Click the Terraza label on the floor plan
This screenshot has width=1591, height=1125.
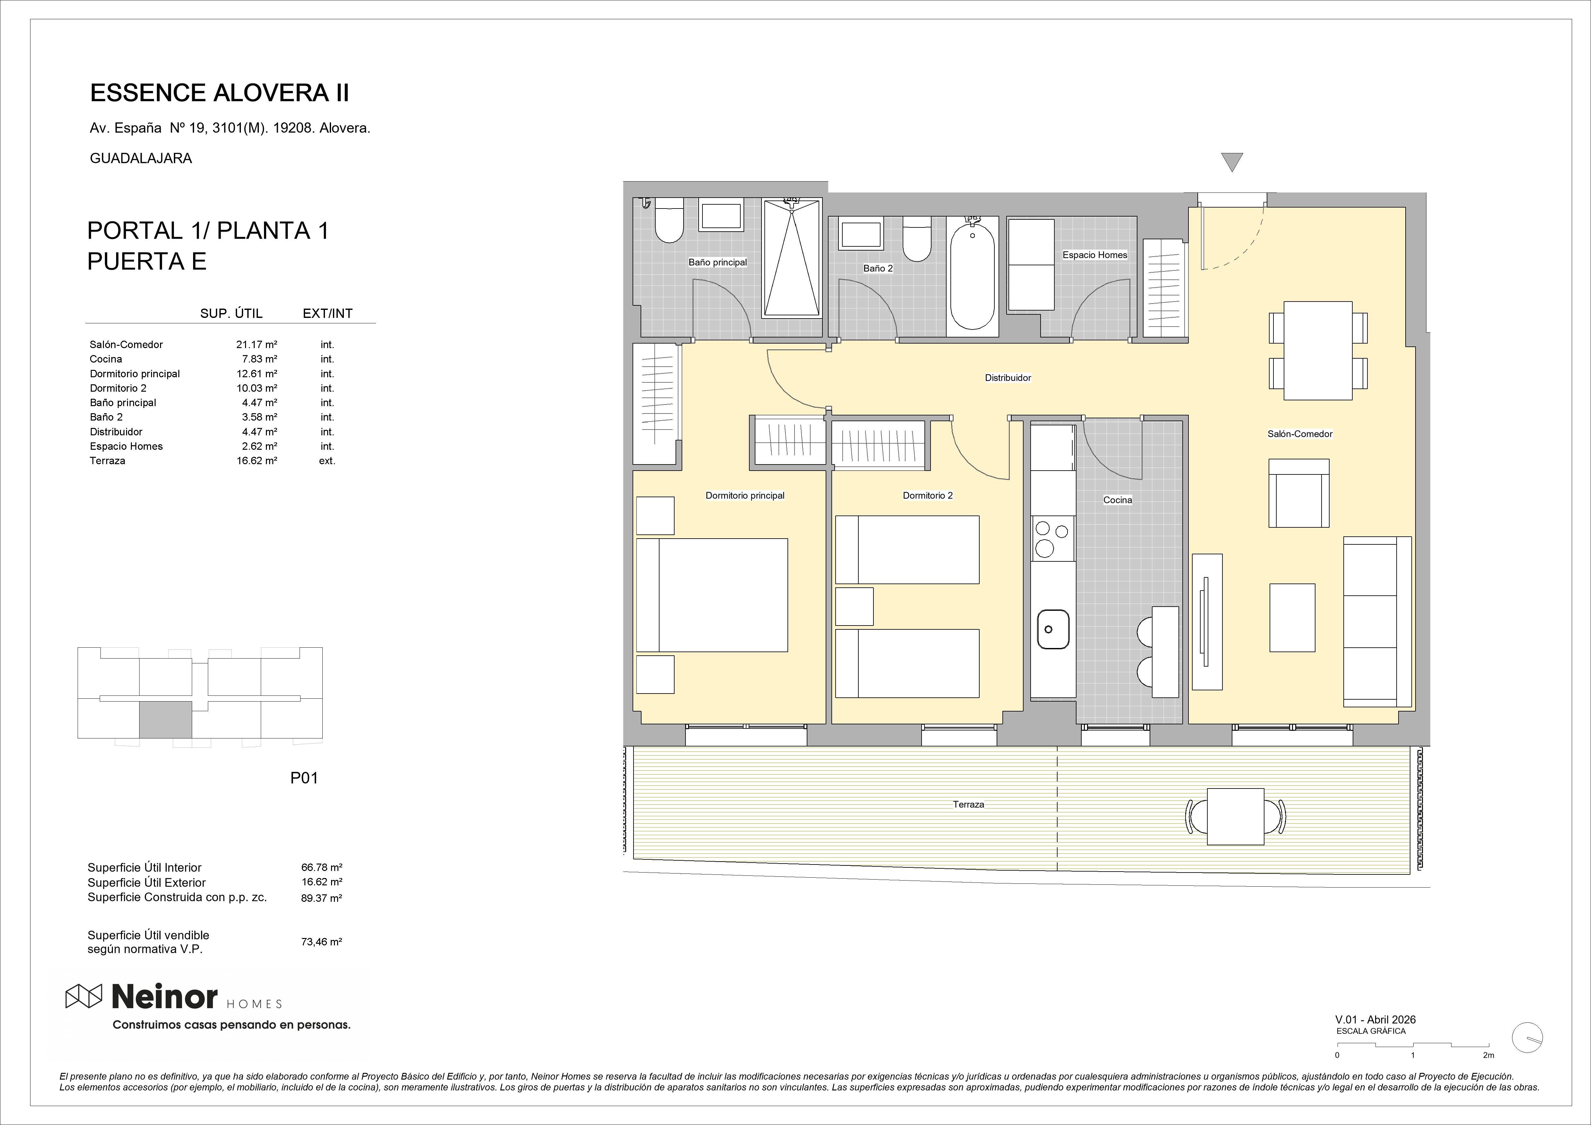(x=968, y=804)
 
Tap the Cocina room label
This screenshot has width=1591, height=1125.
(x=1117, y=500)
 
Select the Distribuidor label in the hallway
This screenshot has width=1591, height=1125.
(x=1008, y=378)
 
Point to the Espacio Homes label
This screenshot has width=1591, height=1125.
(x=1095, y=255)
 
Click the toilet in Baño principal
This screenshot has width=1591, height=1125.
(x=669, y=220)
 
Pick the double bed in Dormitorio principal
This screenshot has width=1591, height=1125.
(x=712, y=595)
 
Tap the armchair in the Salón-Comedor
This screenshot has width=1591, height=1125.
(x=1298, y=493)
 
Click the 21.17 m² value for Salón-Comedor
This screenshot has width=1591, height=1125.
(x=256, y=345)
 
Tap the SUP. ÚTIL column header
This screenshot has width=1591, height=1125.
(x=232, y=313)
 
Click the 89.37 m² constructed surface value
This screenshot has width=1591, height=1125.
(x=321, y=898)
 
